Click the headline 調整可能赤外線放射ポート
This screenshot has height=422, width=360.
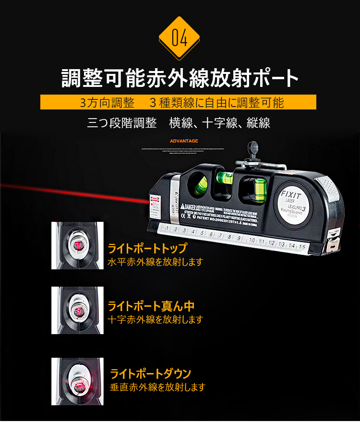180,78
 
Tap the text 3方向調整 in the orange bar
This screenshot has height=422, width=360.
102,103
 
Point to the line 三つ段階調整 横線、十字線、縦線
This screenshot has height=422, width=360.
179,123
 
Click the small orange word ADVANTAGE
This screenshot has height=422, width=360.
184,141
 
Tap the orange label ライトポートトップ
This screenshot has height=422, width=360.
146,249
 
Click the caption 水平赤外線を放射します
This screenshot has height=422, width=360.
155,262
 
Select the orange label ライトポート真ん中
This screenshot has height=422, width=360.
151,306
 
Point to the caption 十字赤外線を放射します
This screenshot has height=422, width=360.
155,320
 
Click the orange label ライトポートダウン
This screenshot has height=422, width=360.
151,374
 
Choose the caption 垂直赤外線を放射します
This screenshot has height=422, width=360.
157,387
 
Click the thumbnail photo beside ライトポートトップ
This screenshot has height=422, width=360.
77,245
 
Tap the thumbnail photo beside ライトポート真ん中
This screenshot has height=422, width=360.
77,310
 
